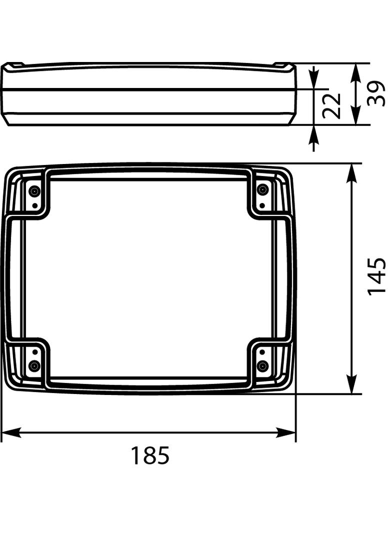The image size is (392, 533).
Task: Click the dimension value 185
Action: point(150,455)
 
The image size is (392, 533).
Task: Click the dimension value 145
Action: point(376,276)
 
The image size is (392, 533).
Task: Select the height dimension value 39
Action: point(376,93)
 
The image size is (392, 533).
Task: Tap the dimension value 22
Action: point(331,105)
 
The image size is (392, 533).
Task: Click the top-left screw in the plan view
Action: point(34,190)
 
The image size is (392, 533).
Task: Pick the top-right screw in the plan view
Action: point(262,190)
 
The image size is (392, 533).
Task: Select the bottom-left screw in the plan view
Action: point(34,366)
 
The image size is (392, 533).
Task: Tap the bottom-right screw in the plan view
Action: point(262,366)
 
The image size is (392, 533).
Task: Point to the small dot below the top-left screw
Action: point(34,205)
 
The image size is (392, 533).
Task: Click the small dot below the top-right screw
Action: point(262,204)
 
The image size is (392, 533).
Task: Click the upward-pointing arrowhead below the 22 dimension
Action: point(314,134)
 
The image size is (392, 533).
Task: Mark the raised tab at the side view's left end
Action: point(14,65)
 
